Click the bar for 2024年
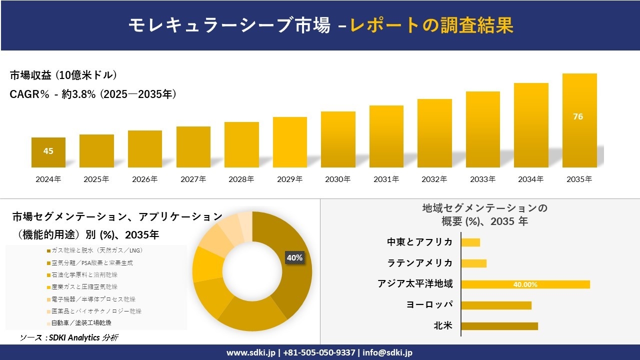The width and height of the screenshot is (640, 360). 48,152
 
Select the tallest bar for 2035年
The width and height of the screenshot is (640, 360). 579,120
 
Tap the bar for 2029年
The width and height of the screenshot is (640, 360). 289,142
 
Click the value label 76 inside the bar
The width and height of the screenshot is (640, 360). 578,116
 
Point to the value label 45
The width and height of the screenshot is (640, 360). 48,151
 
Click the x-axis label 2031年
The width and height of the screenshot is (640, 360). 386,179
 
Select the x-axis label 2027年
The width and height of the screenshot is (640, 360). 193,179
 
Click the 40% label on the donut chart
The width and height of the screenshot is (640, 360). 294,257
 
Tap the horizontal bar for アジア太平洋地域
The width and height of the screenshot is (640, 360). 525,284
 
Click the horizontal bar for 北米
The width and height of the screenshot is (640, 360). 499,326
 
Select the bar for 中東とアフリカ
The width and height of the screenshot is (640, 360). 470,242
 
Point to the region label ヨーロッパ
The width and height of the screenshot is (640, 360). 429,305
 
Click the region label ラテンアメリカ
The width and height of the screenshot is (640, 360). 420,263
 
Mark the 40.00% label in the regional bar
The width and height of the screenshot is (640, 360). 525,284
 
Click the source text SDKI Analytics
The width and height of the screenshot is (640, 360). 69,338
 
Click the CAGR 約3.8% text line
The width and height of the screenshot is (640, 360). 93,94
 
